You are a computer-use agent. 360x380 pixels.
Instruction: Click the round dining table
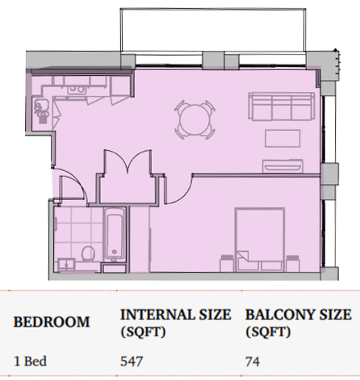[195, 119]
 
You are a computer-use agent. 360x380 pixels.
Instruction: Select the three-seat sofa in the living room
[282, 106]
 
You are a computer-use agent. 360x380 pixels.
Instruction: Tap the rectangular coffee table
[283, 139]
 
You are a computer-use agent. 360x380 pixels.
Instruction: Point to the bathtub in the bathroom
[115, 233]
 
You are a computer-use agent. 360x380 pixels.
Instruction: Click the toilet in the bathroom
[88, 253]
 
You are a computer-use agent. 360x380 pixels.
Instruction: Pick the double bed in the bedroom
[260, 239]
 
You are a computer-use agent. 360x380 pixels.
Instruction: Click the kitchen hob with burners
[77, 90]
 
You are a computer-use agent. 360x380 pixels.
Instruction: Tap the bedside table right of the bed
[293, 264]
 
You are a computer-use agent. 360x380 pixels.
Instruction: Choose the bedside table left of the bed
[228, 264]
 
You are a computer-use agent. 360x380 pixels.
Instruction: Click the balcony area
[213, 30]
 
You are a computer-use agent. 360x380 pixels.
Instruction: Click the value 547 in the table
[132, 361]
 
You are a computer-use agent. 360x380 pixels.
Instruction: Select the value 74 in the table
[253, 361]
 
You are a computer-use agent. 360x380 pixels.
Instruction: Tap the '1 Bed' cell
[30, 361]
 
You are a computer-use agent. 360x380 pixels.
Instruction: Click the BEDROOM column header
[52, 322]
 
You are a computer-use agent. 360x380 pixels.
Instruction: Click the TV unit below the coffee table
[283, 166]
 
